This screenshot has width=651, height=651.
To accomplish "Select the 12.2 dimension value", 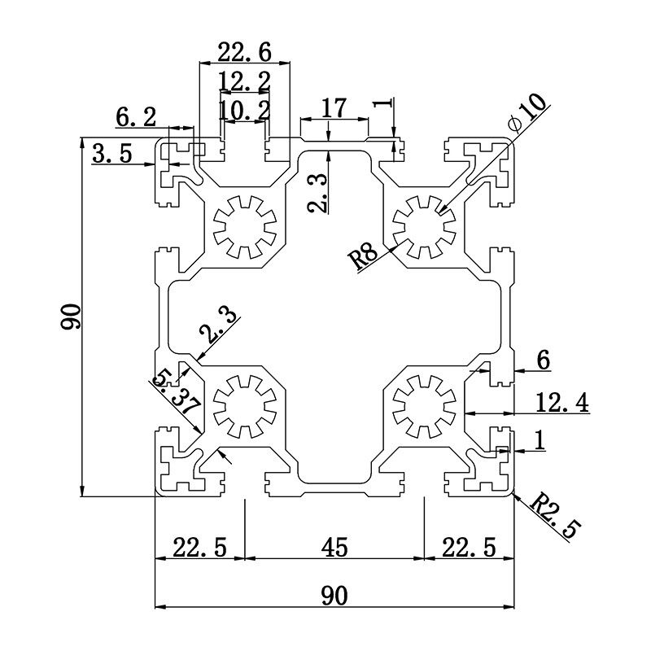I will (x=244, y=81).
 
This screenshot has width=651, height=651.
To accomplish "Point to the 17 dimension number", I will (x=334, y=107).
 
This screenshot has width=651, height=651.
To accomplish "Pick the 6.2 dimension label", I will (x=135, y=117).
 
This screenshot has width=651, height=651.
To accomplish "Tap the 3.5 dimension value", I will (x=111, y=154).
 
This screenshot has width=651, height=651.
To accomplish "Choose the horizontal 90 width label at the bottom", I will (x=334, y=596).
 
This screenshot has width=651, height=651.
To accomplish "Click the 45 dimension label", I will (x=334, y=548).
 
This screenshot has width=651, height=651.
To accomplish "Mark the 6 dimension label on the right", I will (x=544, y=359).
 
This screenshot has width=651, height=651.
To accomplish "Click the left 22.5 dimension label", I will (x=199, y=548).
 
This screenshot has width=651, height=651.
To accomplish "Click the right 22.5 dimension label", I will (x=468, y=548).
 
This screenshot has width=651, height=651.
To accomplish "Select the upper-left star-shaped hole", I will (x=244, y=225).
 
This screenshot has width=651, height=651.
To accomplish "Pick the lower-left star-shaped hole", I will (x=244, y=404).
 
